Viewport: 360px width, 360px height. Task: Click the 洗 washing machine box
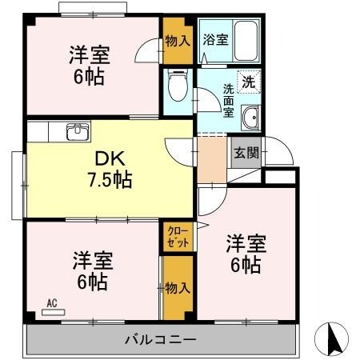(x=250, y=81)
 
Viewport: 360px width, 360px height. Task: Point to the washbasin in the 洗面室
(x=251, y=116)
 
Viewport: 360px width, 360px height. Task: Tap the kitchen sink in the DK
(x=77, y=131)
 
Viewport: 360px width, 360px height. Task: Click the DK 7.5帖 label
(x=109, y=169)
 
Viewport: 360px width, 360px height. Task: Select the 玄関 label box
(x=246, y=152)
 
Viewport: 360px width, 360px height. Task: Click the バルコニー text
(x=160, y=340)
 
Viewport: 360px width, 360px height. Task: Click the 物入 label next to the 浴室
(x=176, y=40)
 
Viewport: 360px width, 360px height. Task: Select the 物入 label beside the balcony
(x=176, y=288)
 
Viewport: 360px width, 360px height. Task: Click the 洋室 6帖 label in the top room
(x=88, y=66)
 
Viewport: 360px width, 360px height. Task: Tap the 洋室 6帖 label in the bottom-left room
(x=94, y=271)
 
